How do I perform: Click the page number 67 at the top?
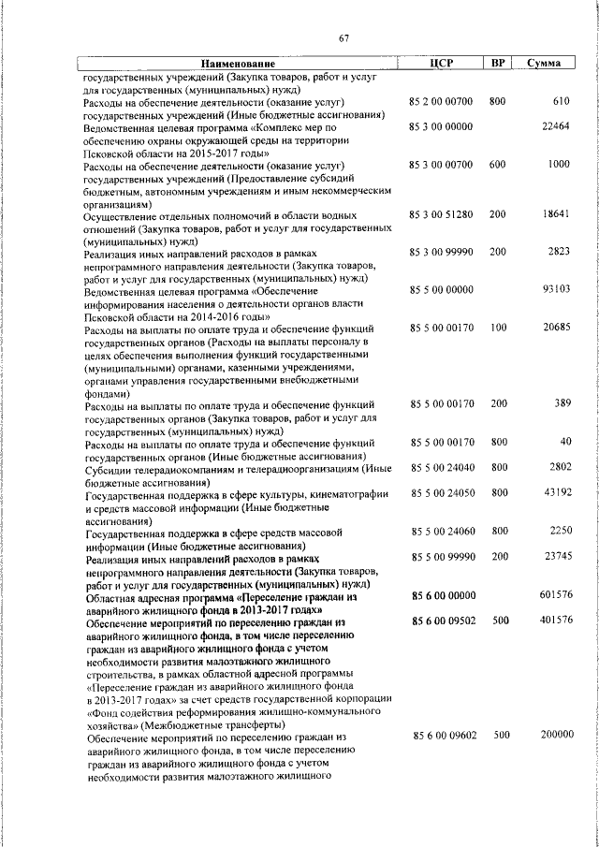click(344, 37)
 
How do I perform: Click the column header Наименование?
click(240, 63)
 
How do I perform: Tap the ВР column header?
click(499, 63)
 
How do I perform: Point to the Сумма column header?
click(544, 63)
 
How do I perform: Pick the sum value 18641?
click(556, 214)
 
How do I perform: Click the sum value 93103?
click(556, 290)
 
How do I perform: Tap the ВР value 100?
click(497, 328)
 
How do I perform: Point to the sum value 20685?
click(556, 328)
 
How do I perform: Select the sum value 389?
click(562, 403)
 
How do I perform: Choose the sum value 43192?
click(556, 491)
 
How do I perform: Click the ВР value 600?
click(497, 164)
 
